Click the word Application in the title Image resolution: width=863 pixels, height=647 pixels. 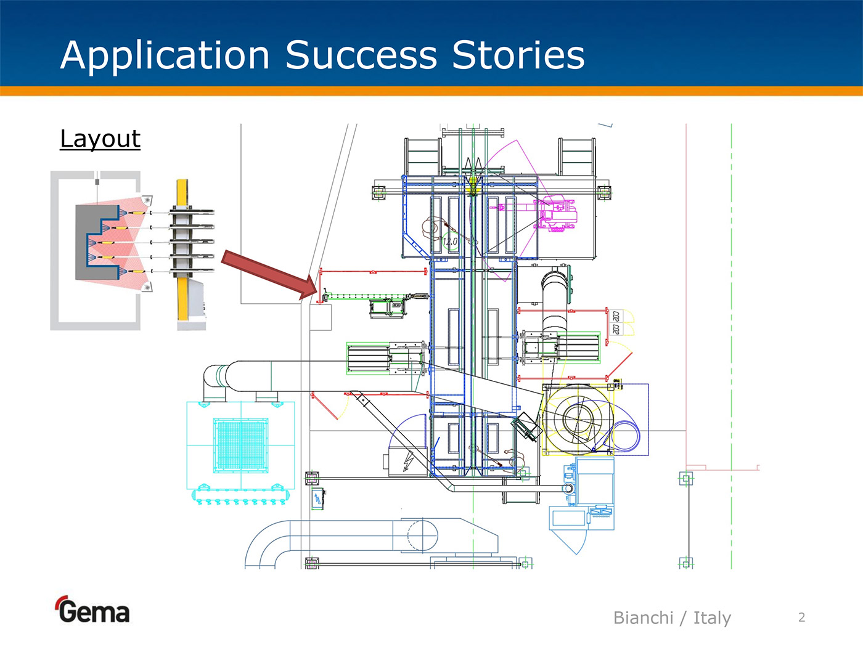pos(165,55)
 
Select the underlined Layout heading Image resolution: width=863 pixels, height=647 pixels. pos(100,139)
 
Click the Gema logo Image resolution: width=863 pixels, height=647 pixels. pos(93,611)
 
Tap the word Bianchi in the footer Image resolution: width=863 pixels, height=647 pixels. pos(643,617)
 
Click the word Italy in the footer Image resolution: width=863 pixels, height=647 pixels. pos(712,617)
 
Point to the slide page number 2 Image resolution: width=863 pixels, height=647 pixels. pos(801,617)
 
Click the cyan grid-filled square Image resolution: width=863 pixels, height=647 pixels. pos(240,445)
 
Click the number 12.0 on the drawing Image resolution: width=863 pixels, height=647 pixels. pos(450,242)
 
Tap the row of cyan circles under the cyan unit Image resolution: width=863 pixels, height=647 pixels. pos(240,501)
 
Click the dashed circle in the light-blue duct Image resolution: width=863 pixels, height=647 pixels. pos(422,534)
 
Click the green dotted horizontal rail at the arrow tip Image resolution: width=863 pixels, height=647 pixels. pos(370,296)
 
